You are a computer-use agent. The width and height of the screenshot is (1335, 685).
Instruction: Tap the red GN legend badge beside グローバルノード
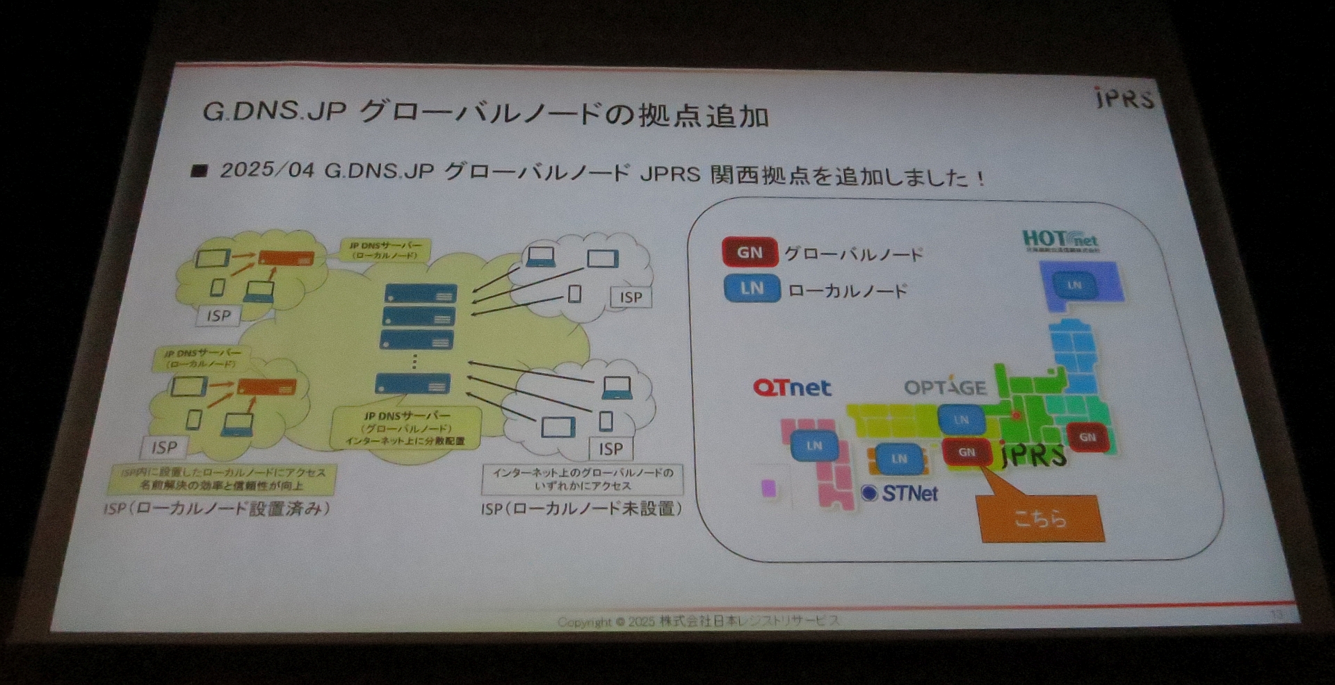tap(750, 252)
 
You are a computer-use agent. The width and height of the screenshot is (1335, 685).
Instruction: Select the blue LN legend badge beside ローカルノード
tap(752, 288)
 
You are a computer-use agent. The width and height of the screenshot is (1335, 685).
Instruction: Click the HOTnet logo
tap(1060, 240)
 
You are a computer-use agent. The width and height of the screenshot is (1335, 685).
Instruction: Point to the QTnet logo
tap(792, 387)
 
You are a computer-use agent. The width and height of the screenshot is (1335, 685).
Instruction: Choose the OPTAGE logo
tap(945, 387)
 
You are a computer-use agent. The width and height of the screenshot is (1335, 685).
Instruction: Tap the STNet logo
tap(900, 493)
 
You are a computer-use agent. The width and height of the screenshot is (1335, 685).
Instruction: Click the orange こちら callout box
tap(1041, 518)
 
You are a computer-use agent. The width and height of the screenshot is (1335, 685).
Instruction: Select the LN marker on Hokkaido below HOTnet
tap(1074, 285)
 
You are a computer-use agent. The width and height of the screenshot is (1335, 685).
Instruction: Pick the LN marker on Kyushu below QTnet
tap(814, 446)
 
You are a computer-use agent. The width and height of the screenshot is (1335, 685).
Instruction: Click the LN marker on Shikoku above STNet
tap(899, 459)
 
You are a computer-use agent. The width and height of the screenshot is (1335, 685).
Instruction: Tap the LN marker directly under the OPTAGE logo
tap(962, 420)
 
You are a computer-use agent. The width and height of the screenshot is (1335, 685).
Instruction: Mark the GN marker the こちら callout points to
tap(967, 452)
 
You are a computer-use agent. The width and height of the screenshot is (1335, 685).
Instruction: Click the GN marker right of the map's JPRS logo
tap(1087, 437)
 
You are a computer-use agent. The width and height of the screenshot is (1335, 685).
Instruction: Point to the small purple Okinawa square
tap(768, 488)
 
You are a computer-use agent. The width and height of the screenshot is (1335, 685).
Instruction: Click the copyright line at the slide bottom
tap(698, 620)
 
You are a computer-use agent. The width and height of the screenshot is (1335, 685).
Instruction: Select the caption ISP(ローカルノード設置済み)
tap(216, 509)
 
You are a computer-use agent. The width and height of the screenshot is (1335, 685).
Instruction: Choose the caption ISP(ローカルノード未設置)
tap(581, 509)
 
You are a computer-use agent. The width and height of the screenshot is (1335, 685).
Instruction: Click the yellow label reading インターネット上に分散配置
tap(405, 441)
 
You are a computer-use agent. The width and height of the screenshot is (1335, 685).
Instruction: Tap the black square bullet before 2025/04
tap(200, 170)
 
